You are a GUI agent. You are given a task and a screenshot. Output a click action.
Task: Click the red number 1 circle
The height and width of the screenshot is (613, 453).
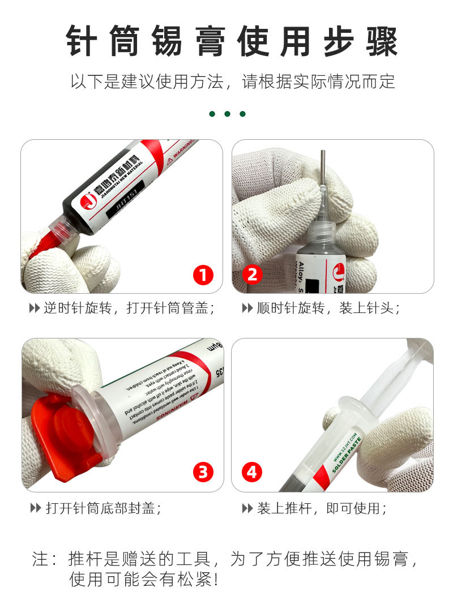coord(203,276)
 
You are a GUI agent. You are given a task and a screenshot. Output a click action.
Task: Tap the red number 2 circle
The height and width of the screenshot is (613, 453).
coord(252,276)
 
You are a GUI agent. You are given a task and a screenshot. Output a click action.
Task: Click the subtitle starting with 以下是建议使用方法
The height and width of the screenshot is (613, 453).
coord(232,82)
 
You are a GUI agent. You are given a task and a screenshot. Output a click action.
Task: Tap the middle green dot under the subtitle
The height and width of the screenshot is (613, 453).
coord(227,114)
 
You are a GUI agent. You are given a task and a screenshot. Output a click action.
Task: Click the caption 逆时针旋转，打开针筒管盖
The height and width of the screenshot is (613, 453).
coord(129,308)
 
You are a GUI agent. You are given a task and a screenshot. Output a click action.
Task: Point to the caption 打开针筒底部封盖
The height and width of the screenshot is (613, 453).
coord(103,508)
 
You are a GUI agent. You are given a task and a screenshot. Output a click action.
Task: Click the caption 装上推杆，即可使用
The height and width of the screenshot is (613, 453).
coord(322,508)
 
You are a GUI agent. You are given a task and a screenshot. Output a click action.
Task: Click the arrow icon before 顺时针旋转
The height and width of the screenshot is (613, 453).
coord(247,308)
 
